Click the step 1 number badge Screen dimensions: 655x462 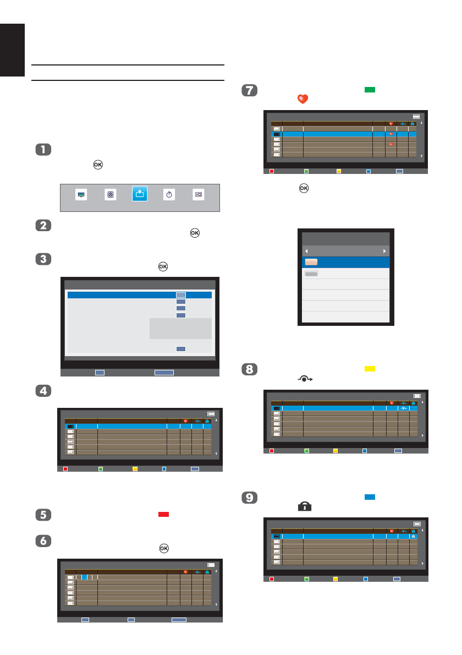click(x=43, y=150)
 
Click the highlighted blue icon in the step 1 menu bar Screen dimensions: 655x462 click(x=140, y=195)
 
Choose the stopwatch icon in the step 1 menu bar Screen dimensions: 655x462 click(x=169, y=195)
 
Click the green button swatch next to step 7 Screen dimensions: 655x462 click(x=369, y=89)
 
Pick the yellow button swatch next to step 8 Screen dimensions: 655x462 click(x=369, y=369)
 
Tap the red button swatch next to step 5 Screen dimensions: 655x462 click(x=163, y=514)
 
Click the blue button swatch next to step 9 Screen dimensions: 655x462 click(x=369, y=497)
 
